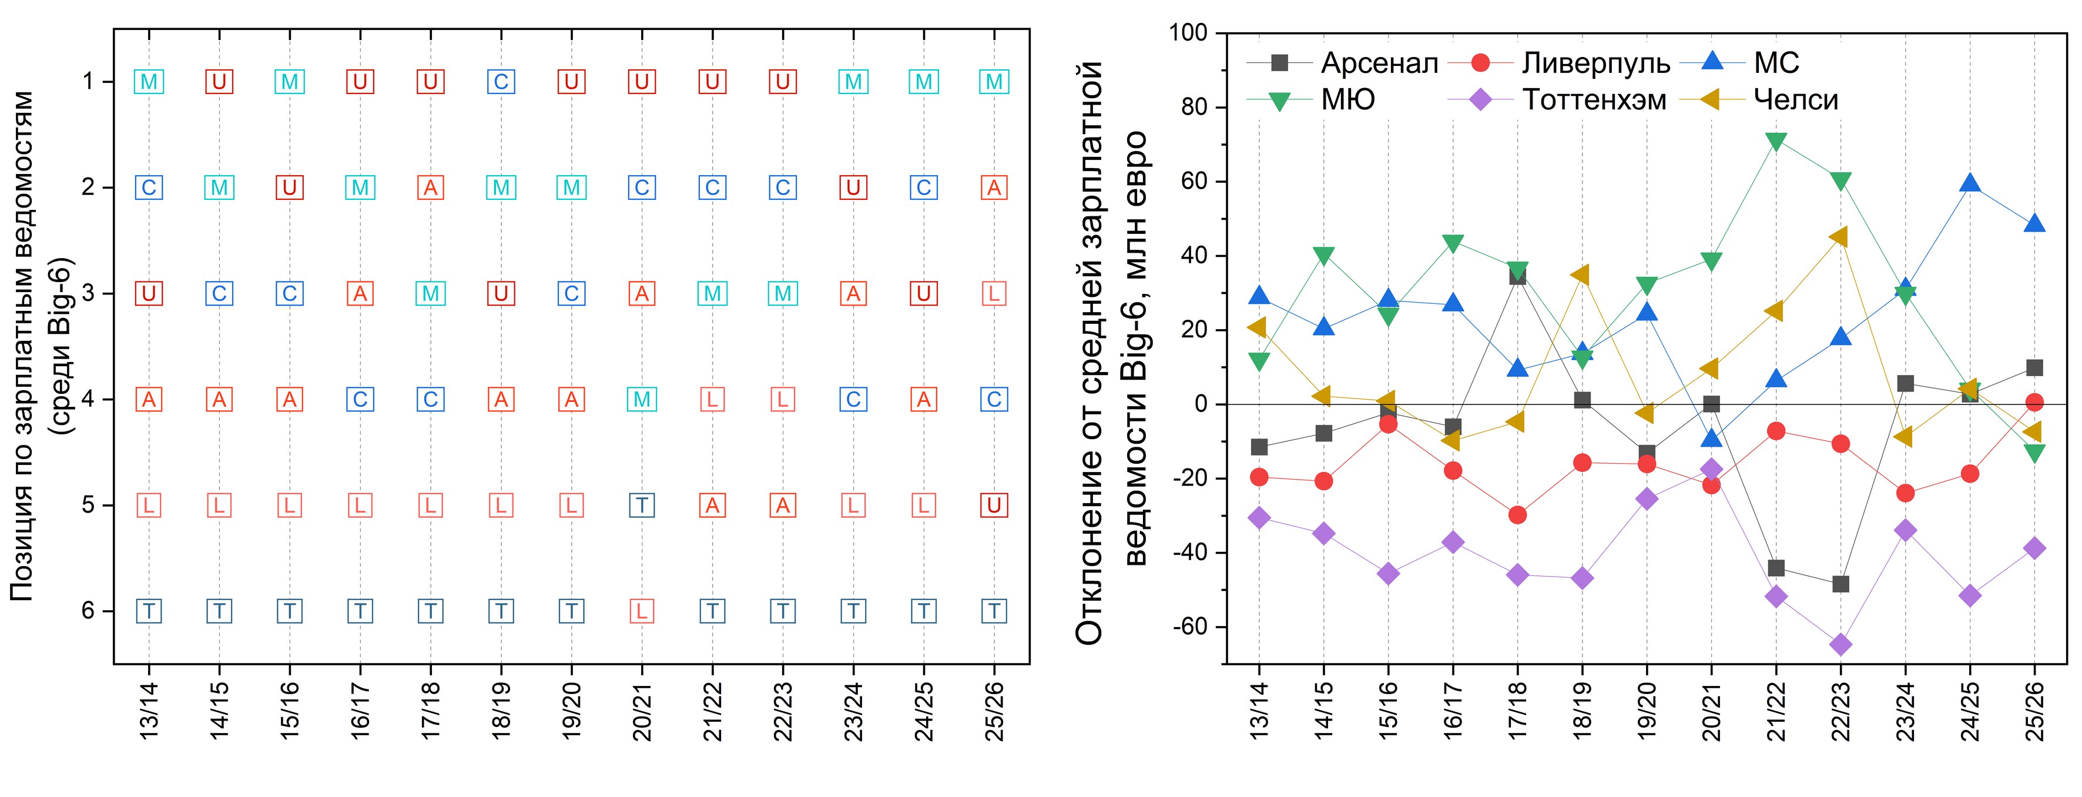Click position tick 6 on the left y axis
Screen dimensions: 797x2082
(x=88, y=611)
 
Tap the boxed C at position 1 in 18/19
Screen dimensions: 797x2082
(x=501, y=82)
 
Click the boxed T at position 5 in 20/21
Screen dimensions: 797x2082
(x=642, y=505)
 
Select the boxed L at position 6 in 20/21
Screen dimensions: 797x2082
(x=642, y=611)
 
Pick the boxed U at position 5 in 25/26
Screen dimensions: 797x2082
(x=994, y=505)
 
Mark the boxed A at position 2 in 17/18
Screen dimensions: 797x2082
(x=431, y=187)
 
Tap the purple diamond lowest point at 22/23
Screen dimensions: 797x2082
(x=1840, y=644)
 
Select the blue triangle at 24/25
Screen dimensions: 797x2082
(x=1970, y=183)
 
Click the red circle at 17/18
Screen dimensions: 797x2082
(x=1517, y=514)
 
